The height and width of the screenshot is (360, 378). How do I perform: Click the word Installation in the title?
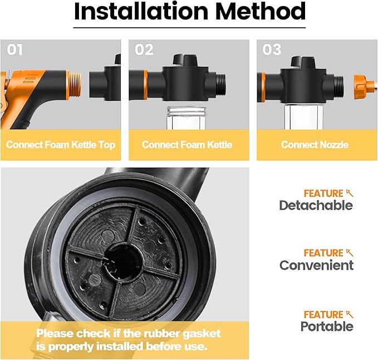pos(141,11)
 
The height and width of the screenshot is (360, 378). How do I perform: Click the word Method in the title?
pos(261,11)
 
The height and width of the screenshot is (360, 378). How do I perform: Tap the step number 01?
pos(15,50)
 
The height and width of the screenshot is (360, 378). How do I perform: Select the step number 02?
pos(144,50)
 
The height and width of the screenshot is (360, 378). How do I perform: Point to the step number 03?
pos(272,50)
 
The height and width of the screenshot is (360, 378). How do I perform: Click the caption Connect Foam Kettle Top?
pos(61,145)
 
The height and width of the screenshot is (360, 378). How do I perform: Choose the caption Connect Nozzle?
pos(315,145)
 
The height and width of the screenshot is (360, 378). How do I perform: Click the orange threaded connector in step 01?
pos(74,85)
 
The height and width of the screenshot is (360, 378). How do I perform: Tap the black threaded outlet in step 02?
pos(220,85)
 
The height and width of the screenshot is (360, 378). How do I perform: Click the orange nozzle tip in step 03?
pos(362,86)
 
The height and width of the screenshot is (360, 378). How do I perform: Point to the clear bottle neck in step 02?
pos(186,118)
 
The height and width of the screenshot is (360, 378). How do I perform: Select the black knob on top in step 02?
pos(186,60)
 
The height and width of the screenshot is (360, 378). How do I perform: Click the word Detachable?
pos(316,205)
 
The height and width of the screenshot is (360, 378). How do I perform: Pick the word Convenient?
pos(316,265)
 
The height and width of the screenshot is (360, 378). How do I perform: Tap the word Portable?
pos(327,326)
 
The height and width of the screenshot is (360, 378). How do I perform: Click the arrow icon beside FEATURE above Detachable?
pos(350,193)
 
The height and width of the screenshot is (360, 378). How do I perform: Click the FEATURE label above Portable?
pos(323,315)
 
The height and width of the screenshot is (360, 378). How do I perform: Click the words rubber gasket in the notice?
pos(182,334)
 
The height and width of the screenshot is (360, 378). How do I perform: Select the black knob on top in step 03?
pos(303,62)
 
